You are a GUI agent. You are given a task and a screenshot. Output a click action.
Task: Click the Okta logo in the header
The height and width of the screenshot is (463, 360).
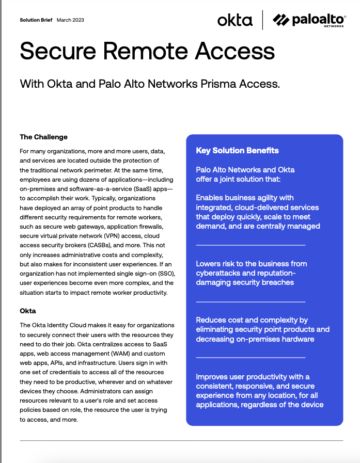pyautogui.click(x=235, y=21)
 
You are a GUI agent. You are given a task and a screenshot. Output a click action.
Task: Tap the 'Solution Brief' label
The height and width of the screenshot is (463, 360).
pyautogui.click(x=36, y=20)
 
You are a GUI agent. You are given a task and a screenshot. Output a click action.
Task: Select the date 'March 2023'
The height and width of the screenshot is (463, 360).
pyautogui.click(x=70, y=20)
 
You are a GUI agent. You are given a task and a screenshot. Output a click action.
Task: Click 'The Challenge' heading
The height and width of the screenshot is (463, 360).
pyautogui.click(x=43, y=137)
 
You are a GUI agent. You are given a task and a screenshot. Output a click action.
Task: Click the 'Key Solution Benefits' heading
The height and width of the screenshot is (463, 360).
pyautogui.click(x=237, y=151)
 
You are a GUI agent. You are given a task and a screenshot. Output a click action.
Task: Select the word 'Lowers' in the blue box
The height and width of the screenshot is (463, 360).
pyautogui.click(x=208, y=264)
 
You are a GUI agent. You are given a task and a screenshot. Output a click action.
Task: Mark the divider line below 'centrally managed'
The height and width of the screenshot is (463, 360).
pyautogui.click(x=251, y=245)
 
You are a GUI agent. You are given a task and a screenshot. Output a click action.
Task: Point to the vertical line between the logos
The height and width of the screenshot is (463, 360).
pyautogui.click(x=262, y=20)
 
